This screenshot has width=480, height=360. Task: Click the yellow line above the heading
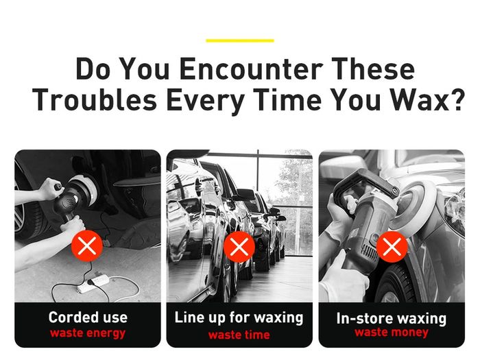click(240, 40)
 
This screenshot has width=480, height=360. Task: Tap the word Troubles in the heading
click(95, 100)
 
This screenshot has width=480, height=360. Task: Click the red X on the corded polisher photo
click(86, 245)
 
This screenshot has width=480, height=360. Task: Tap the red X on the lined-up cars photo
click(239, 247)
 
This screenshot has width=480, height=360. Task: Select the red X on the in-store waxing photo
click(392, 247)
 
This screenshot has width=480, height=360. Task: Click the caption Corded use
click(88, 317)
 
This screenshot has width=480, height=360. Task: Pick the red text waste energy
click(88, 333)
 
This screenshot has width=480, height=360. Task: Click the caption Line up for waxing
click(239, 317)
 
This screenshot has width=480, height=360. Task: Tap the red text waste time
click(239, 335)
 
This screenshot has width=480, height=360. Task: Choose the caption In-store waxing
click(392, 318)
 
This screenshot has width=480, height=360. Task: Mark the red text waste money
click(392, 333)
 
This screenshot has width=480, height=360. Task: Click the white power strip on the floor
click(93, 283)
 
